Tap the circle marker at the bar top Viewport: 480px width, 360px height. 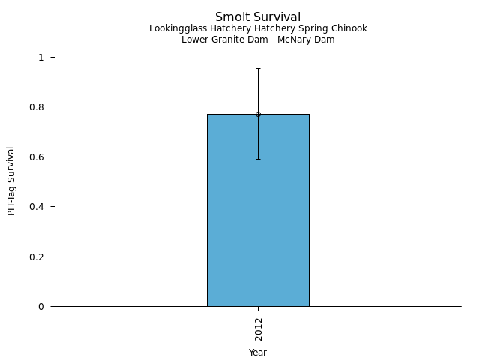click(x=258, y=114)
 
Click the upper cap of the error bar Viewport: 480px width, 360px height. click(x=258, y=68)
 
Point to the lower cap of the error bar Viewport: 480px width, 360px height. click(x=258, y=159)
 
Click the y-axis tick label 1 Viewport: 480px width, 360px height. click(x=42, y=58)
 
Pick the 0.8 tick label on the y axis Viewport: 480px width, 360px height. click(x=39, y=107)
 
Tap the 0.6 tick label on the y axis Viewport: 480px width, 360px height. click(x=39, y=157)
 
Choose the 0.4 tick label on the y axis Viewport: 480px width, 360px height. click(x=39, y=207)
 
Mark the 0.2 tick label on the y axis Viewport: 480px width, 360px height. click(x=39, y=256)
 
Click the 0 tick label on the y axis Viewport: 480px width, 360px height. click(x=42, y=306)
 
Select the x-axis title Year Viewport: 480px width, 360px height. click(x=258, y=352)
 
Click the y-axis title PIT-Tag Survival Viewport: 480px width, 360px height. click(x=11, y=181)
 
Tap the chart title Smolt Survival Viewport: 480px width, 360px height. click(x=258, y=16)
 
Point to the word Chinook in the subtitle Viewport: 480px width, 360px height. click(x=349, y=28)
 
